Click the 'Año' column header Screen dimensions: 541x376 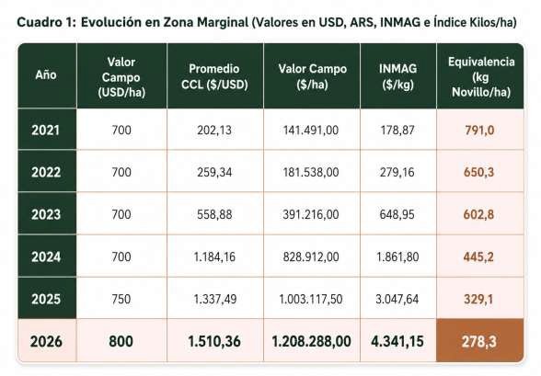(x=46, y=74)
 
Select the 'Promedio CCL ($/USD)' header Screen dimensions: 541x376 (x=214, y=76)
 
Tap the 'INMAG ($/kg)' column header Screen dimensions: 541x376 (x=397, y=76)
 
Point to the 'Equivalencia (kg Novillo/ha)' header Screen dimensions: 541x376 (x=481, y=76)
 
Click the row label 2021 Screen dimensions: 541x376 (x=46, y=130)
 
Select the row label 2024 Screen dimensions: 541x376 (x=46, y=256)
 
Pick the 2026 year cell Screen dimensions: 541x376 (x=46, y=342)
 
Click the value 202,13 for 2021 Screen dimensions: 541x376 (x=214, y=131)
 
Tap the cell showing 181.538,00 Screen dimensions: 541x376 (x=311, y=172)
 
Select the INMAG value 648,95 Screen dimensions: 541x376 (x=397, y=214)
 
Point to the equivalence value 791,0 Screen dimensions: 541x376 (x=479, y=131)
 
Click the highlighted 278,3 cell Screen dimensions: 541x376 (x=479, y=342)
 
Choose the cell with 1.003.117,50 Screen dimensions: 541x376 (x=311, y=299)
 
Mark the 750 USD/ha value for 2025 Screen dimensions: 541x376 (x=121, y=299)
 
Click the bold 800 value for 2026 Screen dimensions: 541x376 (x=121, y=342)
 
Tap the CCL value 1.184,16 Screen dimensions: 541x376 (x=214, y=256)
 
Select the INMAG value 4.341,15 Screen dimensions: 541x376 (x=397, y=342)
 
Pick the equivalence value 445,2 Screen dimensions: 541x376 (x=478, y=256)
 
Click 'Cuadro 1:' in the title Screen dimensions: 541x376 (x=46, y=22)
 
